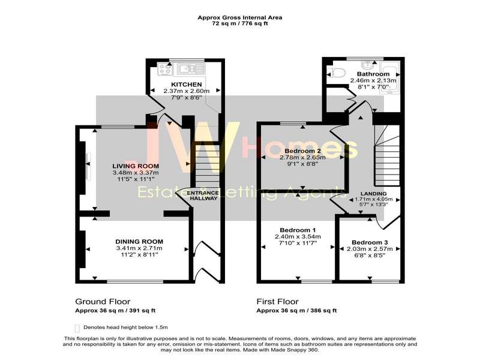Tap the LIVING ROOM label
click(136, 166)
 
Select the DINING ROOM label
click(139, 242)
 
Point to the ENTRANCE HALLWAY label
click(203, 196)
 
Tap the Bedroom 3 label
click(370, 242)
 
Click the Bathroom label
click(373, 74)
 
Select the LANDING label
click(373, 193)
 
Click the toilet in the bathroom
click(336, 73)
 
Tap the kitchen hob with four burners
click(165, 69)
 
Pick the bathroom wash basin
click(367, 65)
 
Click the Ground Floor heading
click(103, 302)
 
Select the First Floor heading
click(277, 302)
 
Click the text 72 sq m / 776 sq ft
click(239, 23)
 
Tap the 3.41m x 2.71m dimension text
click(139, 248)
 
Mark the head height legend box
click(77, 328)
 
